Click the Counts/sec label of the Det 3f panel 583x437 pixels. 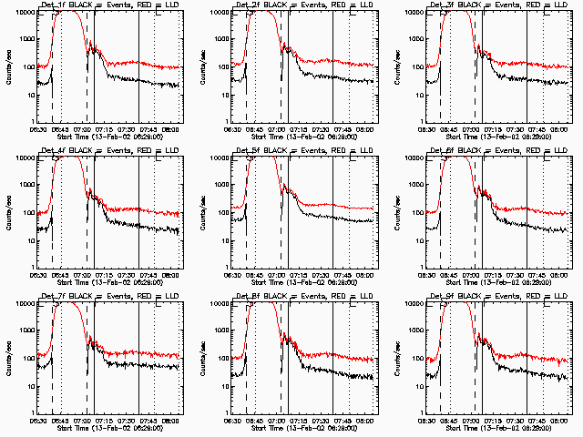point(398,66)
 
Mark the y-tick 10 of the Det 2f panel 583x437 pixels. point(223,95)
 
